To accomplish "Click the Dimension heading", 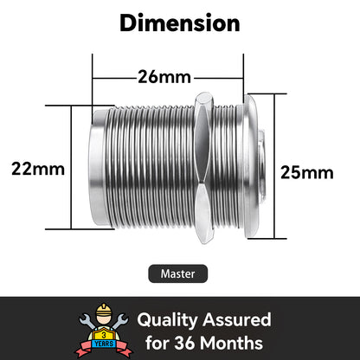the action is pos(180,23).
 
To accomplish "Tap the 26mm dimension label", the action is pos(164,77).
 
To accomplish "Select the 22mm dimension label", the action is pos(38,169).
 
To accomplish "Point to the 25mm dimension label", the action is pos(307,173).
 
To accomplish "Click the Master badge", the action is pos(178,273).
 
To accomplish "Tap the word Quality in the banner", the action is pos(167,321).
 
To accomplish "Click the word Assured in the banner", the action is pos(237,319).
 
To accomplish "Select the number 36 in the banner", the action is pos(185,343).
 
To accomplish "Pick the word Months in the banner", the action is pos(231,343).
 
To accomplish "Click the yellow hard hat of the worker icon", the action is pos(104,309).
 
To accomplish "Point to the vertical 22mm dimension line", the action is pos(71,167).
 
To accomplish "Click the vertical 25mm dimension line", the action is pos(274,166).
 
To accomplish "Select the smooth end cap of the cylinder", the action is pos(98,168).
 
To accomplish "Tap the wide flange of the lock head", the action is pos(250,166).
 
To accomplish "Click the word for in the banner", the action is pos(157,343).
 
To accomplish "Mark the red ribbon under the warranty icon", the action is pos(103,349).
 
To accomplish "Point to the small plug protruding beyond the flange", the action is pos(261,166).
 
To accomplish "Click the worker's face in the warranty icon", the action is pos(104,320).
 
